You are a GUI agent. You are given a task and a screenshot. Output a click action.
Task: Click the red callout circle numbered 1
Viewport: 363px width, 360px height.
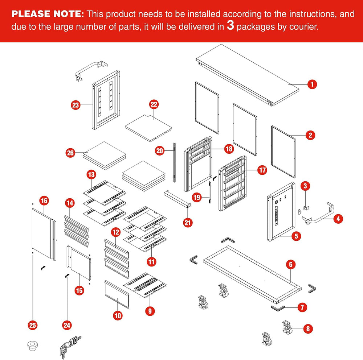312,84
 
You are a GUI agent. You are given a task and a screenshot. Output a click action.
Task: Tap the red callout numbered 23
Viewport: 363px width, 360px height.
76,105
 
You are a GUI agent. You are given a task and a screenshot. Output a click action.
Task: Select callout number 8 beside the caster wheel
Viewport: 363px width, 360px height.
308,328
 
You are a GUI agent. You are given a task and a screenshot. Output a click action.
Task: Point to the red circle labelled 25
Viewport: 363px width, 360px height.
33,325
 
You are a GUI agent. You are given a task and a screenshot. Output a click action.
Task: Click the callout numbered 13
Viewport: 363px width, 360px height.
91,174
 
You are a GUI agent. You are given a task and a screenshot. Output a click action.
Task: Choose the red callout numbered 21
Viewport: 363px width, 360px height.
188,223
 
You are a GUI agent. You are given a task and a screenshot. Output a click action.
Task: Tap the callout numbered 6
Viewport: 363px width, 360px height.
291,264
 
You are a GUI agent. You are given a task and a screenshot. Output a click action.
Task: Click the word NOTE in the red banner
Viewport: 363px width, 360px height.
69,14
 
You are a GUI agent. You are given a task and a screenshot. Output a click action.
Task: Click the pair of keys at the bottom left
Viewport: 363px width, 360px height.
70,347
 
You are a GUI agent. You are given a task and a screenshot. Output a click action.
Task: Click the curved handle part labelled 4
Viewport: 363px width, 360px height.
318,213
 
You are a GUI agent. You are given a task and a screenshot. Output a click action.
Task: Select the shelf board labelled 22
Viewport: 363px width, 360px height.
148,128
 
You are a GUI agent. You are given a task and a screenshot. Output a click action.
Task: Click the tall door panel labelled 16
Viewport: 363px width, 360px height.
44,234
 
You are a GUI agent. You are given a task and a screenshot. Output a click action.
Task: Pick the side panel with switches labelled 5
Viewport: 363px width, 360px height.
281,212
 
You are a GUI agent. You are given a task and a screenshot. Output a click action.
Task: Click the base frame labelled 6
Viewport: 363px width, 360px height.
252,274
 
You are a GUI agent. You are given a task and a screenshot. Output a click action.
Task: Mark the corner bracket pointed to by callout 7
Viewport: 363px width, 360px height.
278,308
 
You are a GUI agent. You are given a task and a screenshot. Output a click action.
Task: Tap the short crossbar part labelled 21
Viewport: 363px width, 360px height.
178,199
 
